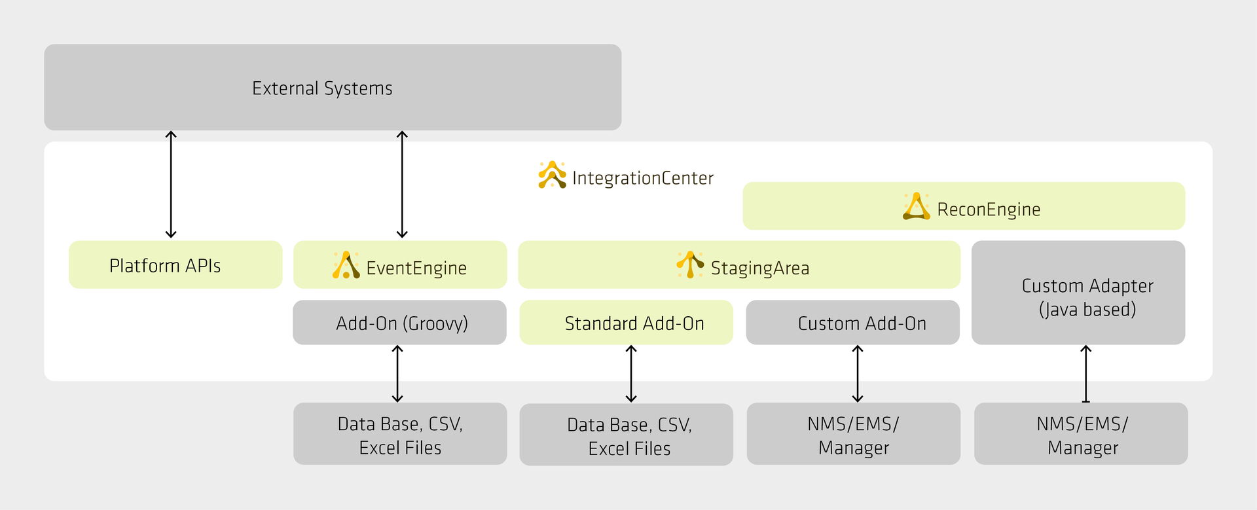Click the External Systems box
(x=333, y=87)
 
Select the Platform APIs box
(x=175, y=264)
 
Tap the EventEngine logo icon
(x=346, y=265)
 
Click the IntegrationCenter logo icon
(x=552, y=175)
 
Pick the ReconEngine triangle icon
(x=916, y=207)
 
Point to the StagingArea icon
(x=690, y=264)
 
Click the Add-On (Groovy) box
(x=399, y=323)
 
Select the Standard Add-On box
(x=626, y=323)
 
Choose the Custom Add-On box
(x=852, y=323)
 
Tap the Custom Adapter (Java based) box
(x=1078, y=293)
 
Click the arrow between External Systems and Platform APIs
(x=171, y=184)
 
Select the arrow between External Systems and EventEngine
(x=402, y=184)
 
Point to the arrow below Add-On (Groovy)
(x=397, y=373)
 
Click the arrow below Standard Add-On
(x=631, y=373)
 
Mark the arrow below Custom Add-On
(x=858, y=373)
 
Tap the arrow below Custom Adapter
(x=1085, y=373)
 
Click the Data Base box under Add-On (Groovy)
(x=400, y=434)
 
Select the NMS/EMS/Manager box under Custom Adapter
(x=1081, y=434)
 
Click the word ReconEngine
(x=989, y=209)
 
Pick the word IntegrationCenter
(x=642, y=178)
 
